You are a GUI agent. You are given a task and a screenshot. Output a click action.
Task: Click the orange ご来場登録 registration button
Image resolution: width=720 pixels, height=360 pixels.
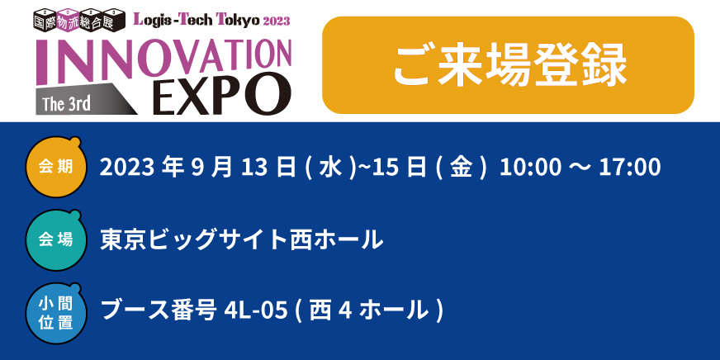(508, 65)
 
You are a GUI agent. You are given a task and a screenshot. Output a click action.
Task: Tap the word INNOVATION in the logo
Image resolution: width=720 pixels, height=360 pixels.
(163, 59)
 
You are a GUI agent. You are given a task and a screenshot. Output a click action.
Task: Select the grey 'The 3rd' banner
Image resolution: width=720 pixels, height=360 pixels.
(86, 100)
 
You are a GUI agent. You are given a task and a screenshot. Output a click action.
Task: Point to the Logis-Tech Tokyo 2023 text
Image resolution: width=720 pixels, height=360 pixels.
(211, 19)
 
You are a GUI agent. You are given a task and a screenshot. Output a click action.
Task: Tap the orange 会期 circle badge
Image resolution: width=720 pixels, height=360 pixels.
(55, 167)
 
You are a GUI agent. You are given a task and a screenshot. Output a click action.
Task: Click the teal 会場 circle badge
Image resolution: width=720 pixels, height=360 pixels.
(55, 239)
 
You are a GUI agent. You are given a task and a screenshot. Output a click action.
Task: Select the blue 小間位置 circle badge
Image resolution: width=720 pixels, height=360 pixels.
(55, 313)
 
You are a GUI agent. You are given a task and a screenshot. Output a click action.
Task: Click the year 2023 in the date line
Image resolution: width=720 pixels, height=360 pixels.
(127, 168)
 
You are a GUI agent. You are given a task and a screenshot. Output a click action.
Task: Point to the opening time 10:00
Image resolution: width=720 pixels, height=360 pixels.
(529, 168)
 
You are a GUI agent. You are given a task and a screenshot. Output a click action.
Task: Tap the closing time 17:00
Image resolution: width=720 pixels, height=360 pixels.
(631, 168)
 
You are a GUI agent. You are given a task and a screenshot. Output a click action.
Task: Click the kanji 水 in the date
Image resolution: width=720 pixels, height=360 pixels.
(330, 168)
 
